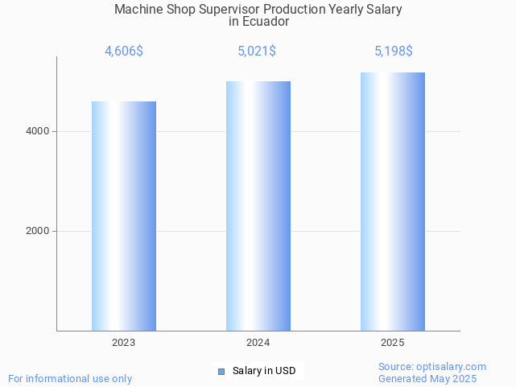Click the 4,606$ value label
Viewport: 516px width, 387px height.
pyautogui.click(x=124, y=51)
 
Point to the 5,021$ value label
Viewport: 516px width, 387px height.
pyautogui.click(x=257, y=51)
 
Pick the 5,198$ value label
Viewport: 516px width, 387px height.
pyautogui.click(x=394, y=51)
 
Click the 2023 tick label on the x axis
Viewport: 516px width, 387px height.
pyautogui.click(x=124, y=343)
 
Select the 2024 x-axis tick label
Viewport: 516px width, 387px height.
pyautogui.click(x=258, y=343)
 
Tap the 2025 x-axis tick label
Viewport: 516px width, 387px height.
pyautogui.click(x=393, y=343)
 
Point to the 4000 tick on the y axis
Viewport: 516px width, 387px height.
pyautogui.click(x=37, y=131)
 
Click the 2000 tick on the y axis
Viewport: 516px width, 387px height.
pyautogui.click(x=37, y=231)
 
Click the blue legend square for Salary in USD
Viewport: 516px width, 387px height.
pyautogui.click(x=222, y=371)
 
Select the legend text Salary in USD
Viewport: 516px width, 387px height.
pyautogui.click(x=264, y=371)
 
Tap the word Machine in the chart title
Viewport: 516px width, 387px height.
pyautogui.click(x=138, y=10)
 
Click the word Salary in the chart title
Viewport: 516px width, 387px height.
pyautogui.click(x=383, y=10)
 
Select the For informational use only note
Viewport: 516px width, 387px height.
pyautogui.click(x=70, y=378)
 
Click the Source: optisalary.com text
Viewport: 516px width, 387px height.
pyautogui.click(x=432, y=367)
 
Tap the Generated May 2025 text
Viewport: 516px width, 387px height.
pyautogui.click(x=427, y=378)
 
